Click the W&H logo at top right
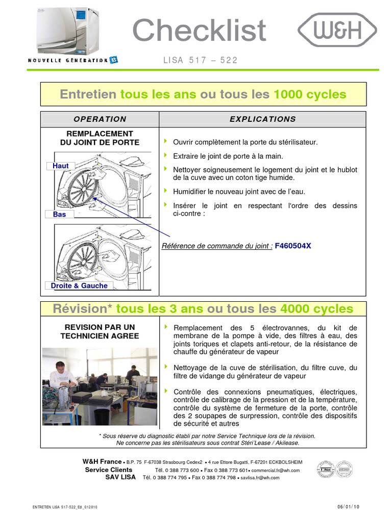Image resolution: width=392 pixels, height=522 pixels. pyautogui.click(x=337, y=31)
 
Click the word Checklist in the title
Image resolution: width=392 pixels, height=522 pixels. pyautogui.click(x=199, y=31)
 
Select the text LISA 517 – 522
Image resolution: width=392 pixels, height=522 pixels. pyautogui.click(x=200, y=60)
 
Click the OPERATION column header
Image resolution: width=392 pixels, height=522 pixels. pyautogui.click(x=100, y=119)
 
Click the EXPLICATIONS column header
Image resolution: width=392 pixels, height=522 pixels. pyautogui.click(x=262, y=119)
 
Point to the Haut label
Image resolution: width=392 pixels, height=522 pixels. pyautogui.click(x=61, y=166)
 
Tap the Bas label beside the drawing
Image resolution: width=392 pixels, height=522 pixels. pyautogui.click(x=60, y=215)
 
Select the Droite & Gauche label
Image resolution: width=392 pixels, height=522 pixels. pyautogui.click(x=79, y=286)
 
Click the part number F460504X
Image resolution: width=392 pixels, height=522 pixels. pyautogui.click(x=293, y=246)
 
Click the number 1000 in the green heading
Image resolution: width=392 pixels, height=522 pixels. pyautogui.click(x=288, y=94)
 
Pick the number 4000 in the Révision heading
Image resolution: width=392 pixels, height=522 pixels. pyautogui.click(x=295, y=309)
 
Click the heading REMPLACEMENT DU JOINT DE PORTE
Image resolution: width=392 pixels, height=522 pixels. pyautogui.click(x=100, y=138)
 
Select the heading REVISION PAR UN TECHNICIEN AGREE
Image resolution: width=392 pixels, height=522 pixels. pyautogui.click(x=100, y=332)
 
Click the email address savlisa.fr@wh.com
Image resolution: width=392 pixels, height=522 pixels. pyautogui.click(x=260, y=478)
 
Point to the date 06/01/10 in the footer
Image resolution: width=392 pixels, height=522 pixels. pyautogui.click(x=348, y=507)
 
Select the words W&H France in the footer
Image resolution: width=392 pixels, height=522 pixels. pyautogui.click(x=102, y=461)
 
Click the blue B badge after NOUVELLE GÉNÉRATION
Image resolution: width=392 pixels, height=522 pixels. pyautogui.click(x=113, y=60)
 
